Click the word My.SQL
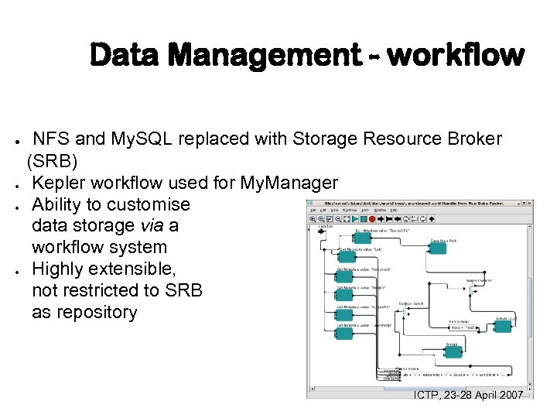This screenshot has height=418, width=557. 140,139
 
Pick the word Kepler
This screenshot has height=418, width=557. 57,183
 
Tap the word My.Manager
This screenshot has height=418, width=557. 289,183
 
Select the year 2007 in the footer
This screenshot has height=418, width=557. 507,395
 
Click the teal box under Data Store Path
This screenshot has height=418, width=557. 438,248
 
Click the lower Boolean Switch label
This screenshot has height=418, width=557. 411,303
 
